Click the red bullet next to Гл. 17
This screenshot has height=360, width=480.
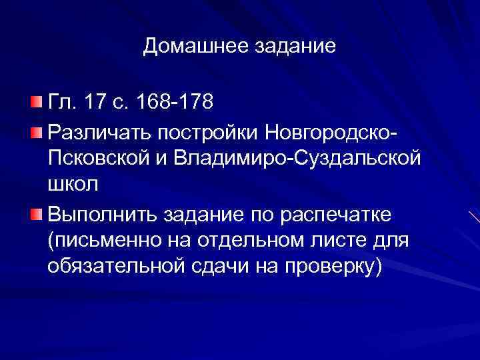[x=35, y=102]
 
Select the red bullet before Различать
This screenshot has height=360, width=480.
[x=35, y=131]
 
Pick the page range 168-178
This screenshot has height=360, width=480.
[x=174, y=103]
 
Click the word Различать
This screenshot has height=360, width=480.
[x=99, y=131]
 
